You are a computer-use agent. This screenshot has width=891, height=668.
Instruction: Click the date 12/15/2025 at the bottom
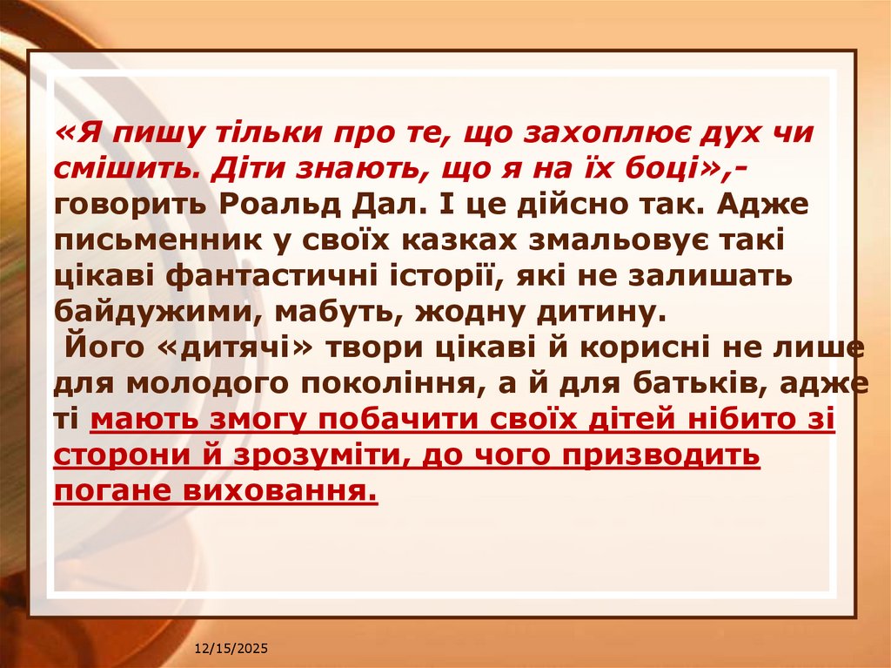pyautogui.click(x=231, y=650)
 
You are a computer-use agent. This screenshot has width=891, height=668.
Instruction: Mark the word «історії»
pyautogui.click(x=498, y=275)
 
